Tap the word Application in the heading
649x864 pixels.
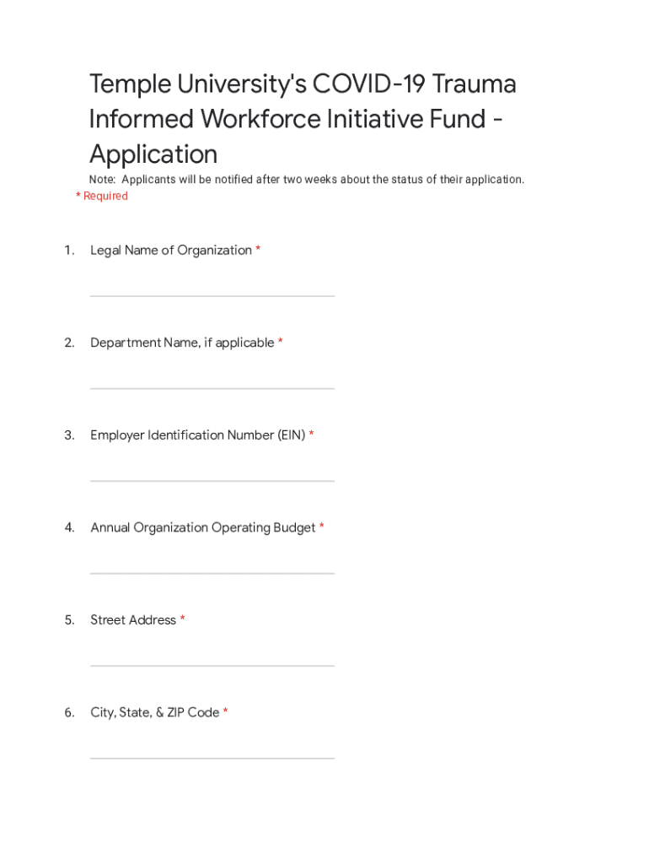click(153, 154)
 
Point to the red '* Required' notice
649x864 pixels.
click(102, 196)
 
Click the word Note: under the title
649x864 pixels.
click(103, 180)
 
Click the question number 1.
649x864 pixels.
click(68, 251)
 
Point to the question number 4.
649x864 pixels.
click(69, 528)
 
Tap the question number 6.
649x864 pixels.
click(69, 713)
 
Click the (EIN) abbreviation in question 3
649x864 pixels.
click(290, 435)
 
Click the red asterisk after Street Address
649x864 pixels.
click(182, 620)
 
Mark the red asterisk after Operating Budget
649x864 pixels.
click(321, 527)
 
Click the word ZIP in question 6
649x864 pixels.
click(175, 713)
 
